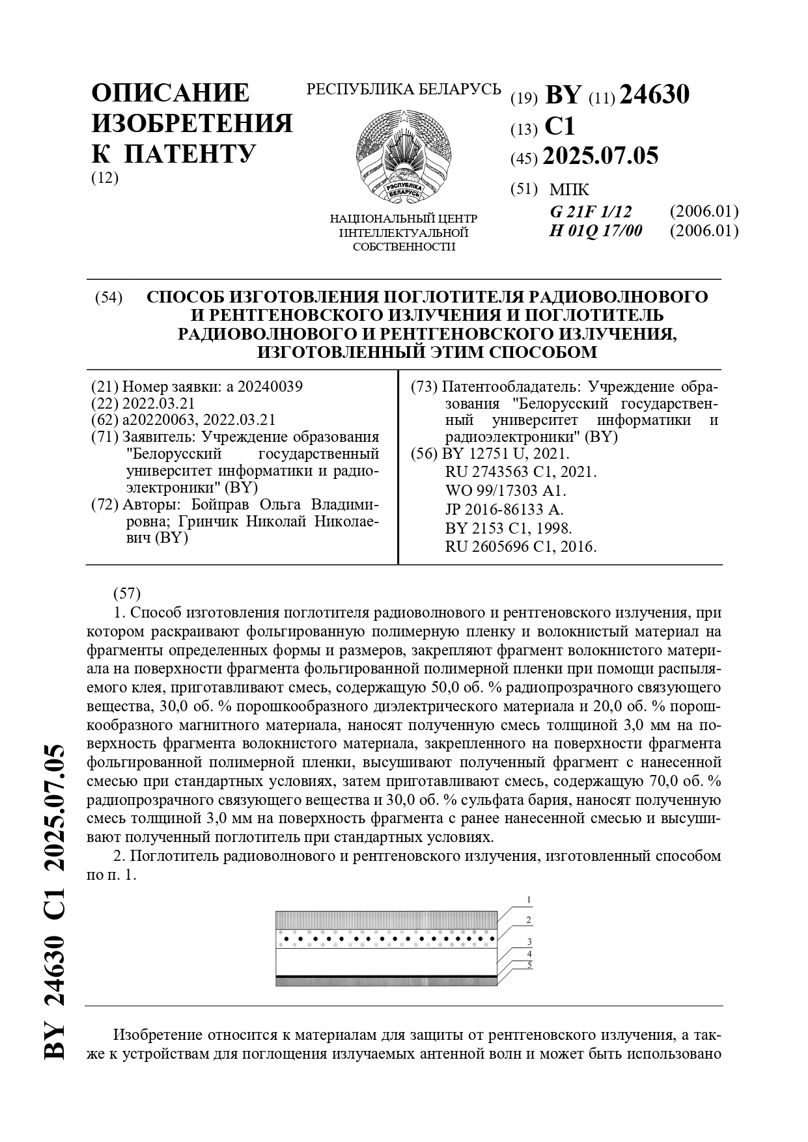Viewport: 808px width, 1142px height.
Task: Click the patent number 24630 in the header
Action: (654, 96)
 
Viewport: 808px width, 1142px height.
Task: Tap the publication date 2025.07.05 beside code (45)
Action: (600, 156)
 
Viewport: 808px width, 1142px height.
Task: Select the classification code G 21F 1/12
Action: (591, 211)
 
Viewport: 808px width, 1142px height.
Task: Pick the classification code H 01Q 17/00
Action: (596, 230)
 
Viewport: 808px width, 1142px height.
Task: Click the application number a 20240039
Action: (264, 387)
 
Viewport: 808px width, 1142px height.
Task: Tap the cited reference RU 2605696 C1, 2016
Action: (521, 547)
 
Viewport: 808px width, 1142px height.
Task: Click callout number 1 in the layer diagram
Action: (529, 900)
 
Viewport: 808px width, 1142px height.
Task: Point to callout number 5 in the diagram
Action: (530, 965)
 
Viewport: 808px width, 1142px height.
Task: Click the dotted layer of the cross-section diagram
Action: (387, 938)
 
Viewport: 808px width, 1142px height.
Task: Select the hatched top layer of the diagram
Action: (387, 919)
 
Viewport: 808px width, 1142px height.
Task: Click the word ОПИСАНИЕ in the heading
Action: (171, 93)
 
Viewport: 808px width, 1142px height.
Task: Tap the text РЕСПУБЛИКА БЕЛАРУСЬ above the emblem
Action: (404, 89)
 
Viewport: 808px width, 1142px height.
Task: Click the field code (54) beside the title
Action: (109, 298)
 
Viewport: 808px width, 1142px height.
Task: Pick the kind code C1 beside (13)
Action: (560, 126)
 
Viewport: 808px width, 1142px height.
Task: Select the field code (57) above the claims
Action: (127, 593)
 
